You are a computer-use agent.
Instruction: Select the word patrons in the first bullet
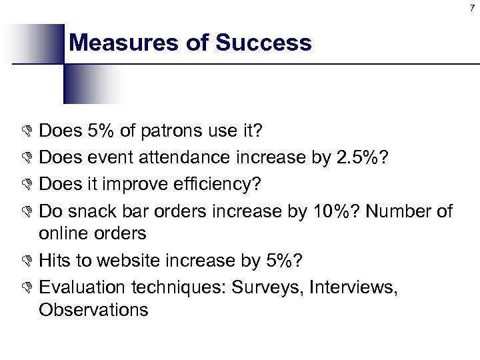tap(169, 131)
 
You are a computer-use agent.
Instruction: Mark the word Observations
tap(93, 309)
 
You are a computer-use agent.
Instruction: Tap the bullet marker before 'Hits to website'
tap(29, 261)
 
